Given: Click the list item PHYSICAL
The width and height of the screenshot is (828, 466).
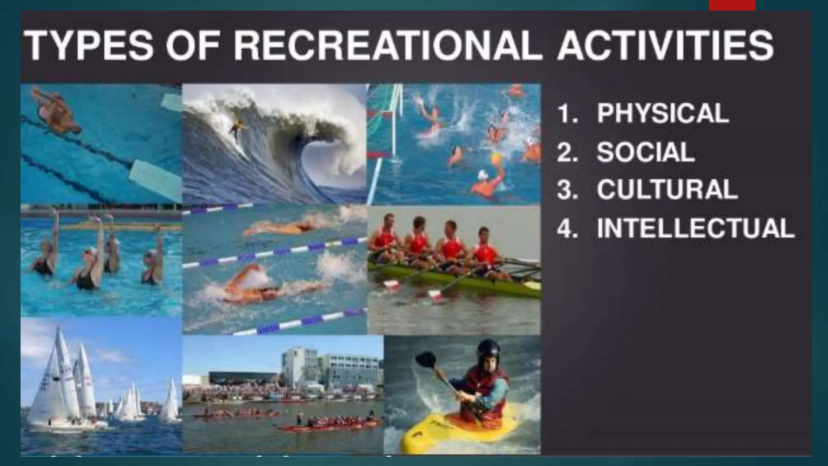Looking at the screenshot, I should [x=663, y=113].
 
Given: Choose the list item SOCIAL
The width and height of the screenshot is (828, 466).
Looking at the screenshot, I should [x=646, y=152].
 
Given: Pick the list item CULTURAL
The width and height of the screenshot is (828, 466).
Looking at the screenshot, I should [x=667, y=189].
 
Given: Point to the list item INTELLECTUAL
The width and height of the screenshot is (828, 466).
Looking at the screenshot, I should [x=696, y=228].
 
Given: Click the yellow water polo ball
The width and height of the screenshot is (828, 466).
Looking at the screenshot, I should [x=496, y=158].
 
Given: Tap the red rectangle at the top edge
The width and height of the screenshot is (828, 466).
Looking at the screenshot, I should [x=732, y=5].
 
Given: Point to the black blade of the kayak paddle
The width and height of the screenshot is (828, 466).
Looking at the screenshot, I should [x=426, y=359].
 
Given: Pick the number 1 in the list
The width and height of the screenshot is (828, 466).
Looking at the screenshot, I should [x=565, y=114].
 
